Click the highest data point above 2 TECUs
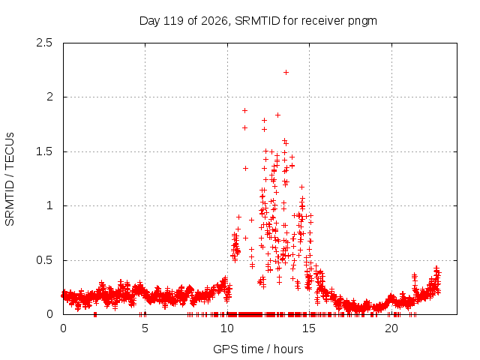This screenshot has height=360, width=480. pos(286,73)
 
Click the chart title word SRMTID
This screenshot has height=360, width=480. pos(257,21)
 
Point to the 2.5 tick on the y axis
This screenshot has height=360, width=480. pos(44,43)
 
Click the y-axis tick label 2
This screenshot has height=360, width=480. pos(49,97)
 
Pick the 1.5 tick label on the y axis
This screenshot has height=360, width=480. pos(44,151)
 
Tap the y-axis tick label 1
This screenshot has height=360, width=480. pos(50,205)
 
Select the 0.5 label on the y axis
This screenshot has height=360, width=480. pos(44,260)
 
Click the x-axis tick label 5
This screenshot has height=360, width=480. pos(145,328)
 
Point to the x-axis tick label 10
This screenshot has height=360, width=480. pos(227,328)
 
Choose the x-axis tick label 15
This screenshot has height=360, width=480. pos(309,328)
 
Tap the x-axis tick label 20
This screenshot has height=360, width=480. pos(391,328)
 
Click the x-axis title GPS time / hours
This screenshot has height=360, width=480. pos(258,349)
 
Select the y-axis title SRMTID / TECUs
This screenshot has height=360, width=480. pos(10,179)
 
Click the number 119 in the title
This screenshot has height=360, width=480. pos(173,21)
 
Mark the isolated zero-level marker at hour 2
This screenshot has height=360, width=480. pos(95,314)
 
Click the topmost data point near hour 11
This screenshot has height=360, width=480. pos(244,111)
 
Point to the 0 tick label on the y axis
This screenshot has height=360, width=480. pos(49,314)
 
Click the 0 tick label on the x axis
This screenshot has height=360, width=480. pos(63,328)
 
